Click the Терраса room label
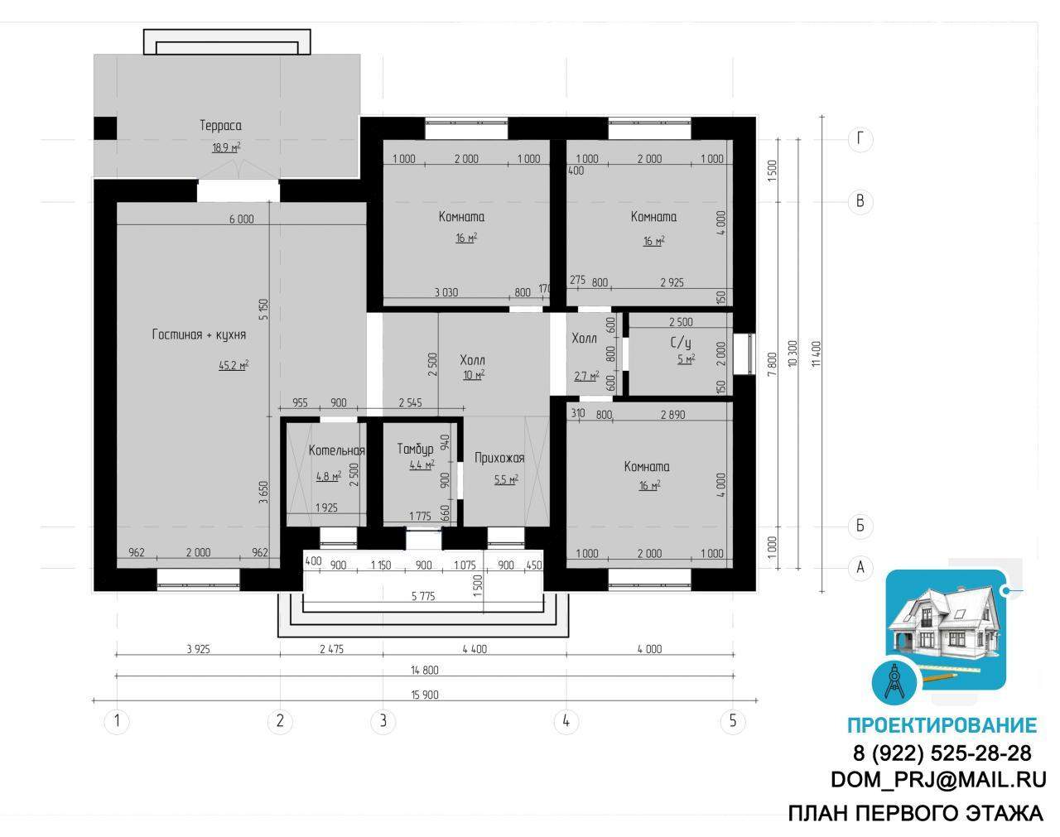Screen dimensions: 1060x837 click(x=220, y=126)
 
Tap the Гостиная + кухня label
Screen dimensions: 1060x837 click(x=199, y=334)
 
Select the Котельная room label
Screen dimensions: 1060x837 click(x=337, y=450)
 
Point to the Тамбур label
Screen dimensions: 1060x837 click(x=415, y=449)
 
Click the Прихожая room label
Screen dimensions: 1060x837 click(x=499, y=458)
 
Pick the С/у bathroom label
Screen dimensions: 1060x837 click(x=681, y=343)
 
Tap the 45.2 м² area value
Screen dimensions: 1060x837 click(x=234, y=365)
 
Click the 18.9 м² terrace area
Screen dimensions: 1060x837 click(x=226, y=147)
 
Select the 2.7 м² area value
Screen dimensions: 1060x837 click(x=586, y=376)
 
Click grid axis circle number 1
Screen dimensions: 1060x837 click(x=117, y=721)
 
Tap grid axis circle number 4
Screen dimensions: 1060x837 click(x=566, y=721)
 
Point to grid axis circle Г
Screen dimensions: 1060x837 click(x=860, y=139)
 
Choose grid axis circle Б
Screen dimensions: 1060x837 click(x=860, y=527)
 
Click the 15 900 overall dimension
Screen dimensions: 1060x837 click(x=425, y=695)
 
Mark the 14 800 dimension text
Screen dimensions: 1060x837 click(x=425, y=670)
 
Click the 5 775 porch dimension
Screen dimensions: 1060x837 click(x=423, y=596)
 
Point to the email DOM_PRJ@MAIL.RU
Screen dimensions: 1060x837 click(x=938, y=780)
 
